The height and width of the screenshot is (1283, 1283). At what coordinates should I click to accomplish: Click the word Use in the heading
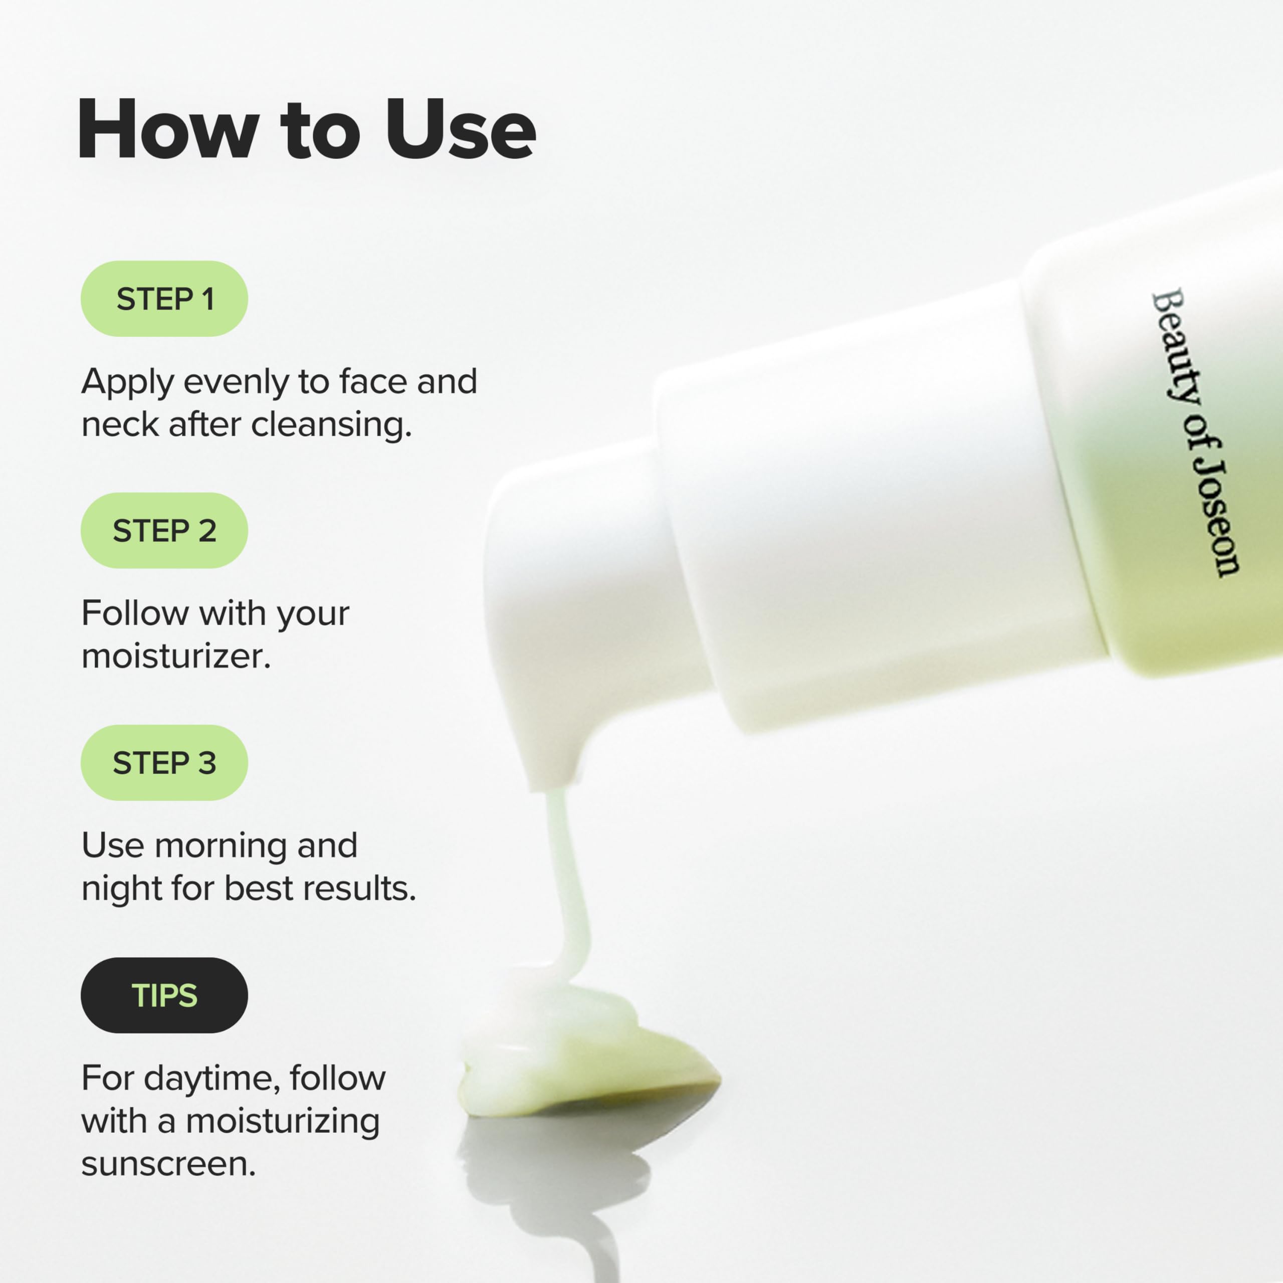460,129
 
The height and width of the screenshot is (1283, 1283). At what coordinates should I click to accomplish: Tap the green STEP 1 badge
164,299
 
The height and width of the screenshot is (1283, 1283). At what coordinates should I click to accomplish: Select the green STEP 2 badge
164,531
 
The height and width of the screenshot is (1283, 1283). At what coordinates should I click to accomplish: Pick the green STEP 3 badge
164,762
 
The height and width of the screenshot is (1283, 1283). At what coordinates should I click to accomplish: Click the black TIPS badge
164,995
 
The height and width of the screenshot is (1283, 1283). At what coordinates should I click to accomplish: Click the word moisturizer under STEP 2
175,656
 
